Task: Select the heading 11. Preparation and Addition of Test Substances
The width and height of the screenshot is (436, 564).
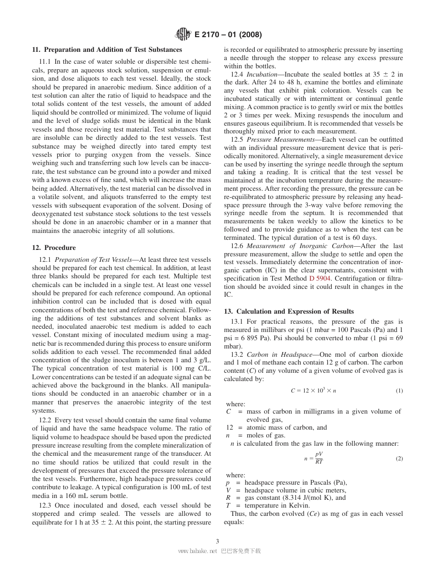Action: click(x=107, y=50)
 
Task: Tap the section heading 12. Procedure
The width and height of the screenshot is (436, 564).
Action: click(x=54, y=248)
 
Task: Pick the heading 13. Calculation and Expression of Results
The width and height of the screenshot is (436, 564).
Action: click(x=289, y=311)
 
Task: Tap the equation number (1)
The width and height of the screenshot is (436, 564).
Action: click(x=399, y=390)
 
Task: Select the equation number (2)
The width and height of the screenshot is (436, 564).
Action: click(x=399, y=458)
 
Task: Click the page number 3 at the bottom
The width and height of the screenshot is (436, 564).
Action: click(x=218, y=541)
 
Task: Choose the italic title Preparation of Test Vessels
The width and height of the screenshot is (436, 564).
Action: click(x=93, y=260)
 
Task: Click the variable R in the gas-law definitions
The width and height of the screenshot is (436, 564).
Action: click(x=228, y=498)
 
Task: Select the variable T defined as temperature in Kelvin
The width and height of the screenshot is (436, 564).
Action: click(x=228, y=505)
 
